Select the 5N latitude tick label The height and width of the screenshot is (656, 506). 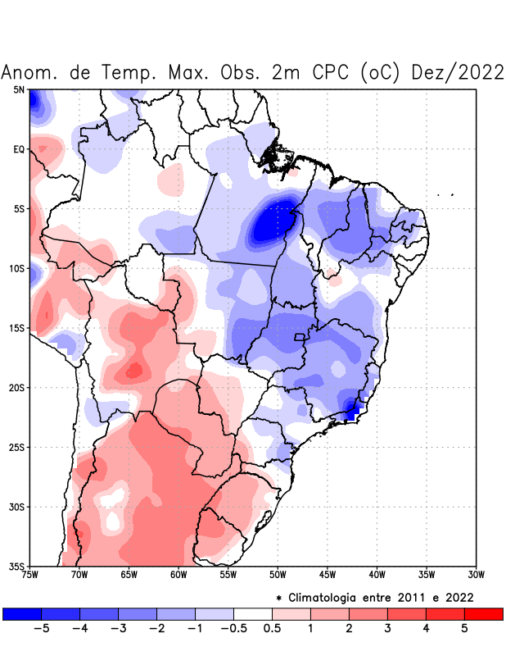coord(19,89)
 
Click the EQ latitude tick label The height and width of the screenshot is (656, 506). coord(19,149)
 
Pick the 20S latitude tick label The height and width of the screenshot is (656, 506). coord(17,388)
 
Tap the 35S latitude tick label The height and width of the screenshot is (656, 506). coord(17,567)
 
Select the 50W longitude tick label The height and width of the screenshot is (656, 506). coord(278,574)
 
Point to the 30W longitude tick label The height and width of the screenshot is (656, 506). coord(476,574)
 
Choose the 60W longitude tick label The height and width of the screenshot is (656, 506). coord(178,574)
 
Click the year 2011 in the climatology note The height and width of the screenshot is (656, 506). coord(398,597)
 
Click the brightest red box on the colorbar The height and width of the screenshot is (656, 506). coord(483,614)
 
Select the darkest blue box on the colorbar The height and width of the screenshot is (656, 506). coord(22,614)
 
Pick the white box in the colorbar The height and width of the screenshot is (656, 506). coord(253,614)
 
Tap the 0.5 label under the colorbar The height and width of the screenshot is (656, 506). coord(272,630)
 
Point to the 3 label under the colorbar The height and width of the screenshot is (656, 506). coord(387,630)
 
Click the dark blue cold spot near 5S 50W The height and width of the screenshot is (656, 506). coord(273,220)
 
